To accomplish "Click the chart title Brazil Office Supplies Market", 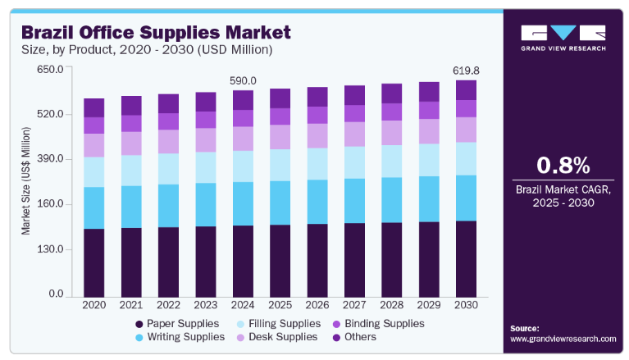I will (x=156, y=33).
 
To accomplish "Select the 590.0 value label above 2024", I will (x=242, y=80).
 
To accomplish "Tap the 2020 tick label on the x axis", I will (x=93, y=305).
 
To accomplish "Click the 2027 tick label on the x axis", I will (x=354, y=305).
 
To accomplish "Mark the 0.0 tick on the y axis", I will (x=54, y=294).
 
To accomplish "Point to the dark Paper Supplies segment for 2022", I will (x=168, y=261).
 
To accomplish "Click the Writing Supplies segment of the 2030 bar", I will (x=466, y=198).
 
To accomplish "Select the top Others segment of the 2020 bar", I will (x=93, y=107).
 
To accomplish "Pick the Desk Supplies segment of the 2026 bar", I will (x=317, y=135).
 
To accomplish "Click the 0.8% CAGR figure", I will (x=563, y=166).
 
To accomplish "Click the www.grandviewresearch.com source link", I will (x=563, y=338).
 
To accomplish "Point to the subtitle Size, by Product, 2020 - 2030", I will (x=147, y=50).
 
